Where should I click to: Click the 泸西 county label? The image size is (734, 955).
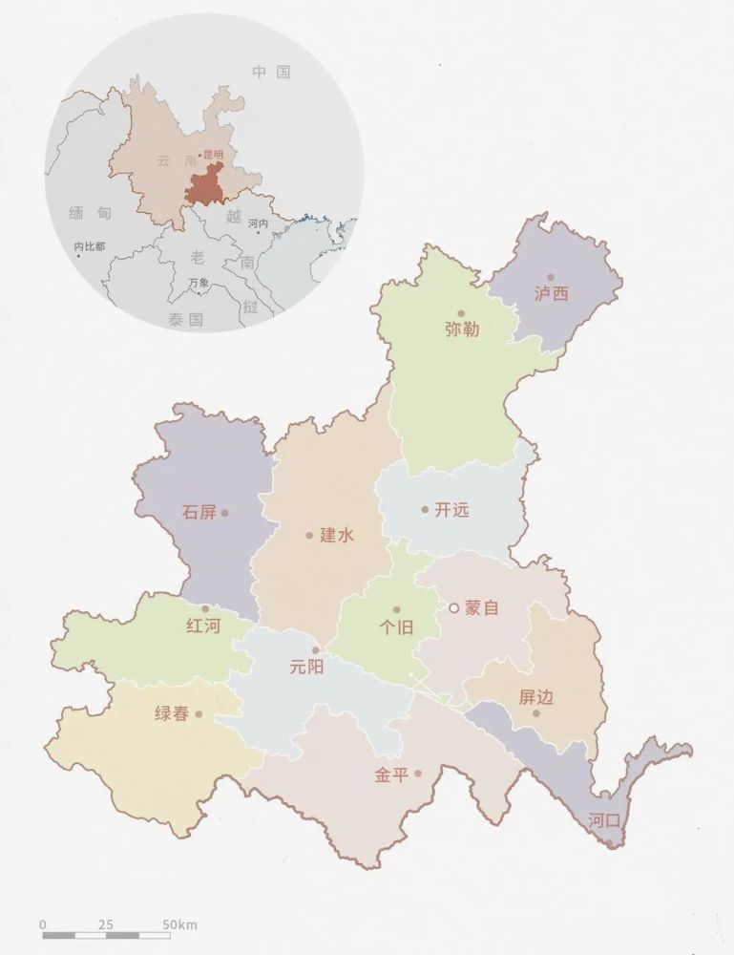pos(552,293)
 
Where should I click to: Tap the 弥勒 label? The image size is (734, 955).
pos(462,329)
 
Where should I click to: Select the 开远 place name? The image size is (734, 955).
pos(451,510)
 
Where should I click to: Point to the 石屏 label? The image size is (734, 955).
pos(199,513)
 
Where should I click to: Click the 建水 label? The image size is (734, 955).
pos(337,535)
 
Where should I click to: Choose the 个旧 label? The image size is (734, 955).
pos(396,627)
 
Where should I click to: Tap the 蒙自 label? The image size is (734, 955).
pos(482,607)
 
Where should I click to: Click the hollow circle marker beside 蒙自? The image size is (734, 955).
pos(454,607)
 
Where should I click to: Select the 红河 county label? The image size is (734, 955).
pos(203,626)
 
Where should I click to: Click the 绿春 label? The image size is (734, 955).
pos(172,713)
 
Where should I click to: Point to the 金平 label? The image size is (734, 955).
pos(391,775)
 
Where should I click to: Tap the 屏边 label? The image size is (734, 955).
pos(536,697)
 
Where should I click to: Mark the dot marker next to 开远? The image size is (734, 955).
pos(425,509)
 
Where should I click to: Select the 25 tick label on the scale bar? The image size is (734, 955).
pos(105,924)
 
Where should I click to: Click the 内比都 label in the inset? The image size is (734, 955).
pos(90,246)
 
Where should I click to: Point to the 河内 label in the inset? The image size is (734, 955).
pos(258,223)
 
